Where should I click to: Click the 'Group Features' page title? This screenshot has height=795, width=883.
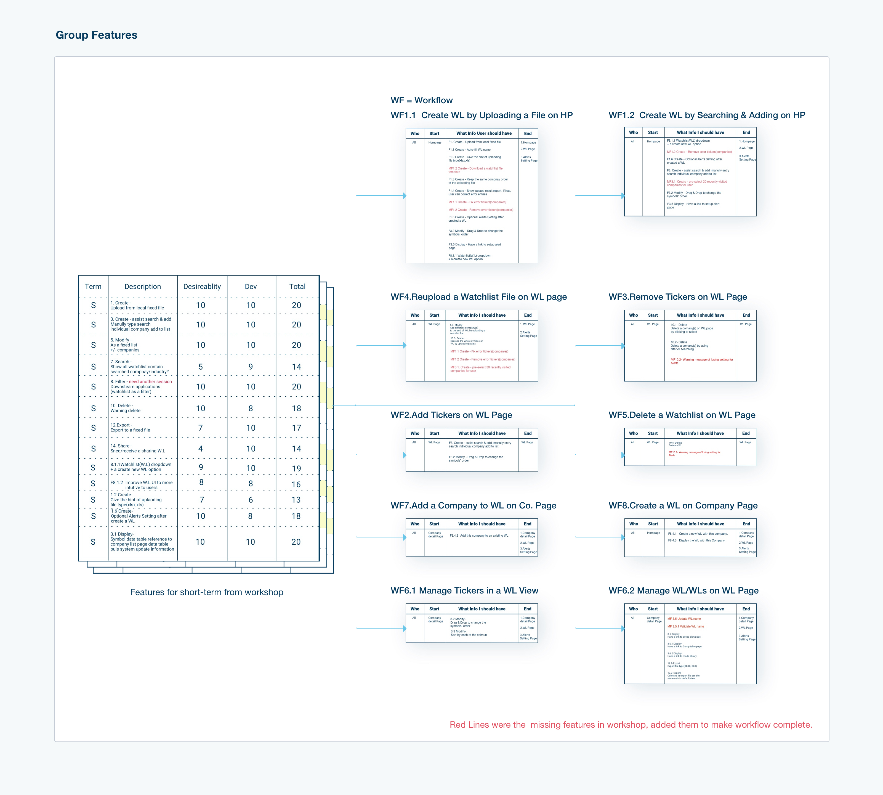pos(97,35)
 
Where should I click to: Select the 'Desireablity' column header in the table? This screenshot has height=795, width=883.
pos(202,287)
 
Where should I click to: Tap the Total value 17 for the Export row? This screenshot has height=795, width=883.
pos(297,428)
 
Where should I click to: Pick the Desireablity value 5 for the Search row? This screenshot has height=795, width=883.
pos(200,367)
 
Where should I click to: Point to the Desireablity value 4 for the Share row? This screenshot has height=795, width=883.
pos(200,449)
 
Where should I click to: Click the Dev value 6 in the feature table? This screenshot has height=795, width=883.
pos(251,500)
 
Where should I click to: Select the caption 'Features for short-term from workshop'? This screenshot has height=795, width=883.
pos(207,592)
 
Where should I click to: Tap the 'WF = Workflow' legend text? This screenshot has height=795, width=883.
pos(421,100)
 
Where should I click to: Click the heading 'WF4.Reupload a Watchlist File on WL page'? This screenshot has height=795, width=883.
pos(479,297)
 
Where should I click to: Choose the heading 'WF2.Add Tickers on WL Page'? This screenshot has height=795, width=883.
pos(451,415)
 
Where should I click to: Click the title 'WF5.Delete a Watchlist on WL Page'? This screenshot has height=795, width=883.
pos(682,415)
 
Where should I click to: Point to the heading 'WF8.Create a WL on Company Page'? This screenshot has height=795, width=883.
pos(683,505)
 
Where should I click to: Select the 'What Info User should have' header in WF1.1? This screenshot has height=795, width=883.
pos(484,134)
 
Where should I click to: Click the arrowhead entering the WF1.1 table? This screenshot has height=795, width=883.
pos(404,196)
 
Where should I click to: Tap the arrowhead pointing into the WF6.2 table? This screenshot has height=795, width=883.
pos(623,629)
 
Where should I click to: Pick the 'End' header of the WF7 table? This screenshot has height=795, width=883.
pos(528,524)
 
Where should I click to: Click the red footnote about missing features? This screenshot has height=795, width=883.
pos(631,725)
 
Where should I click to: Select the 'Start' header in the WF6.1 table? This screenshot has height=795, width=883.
pos(434,609)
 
